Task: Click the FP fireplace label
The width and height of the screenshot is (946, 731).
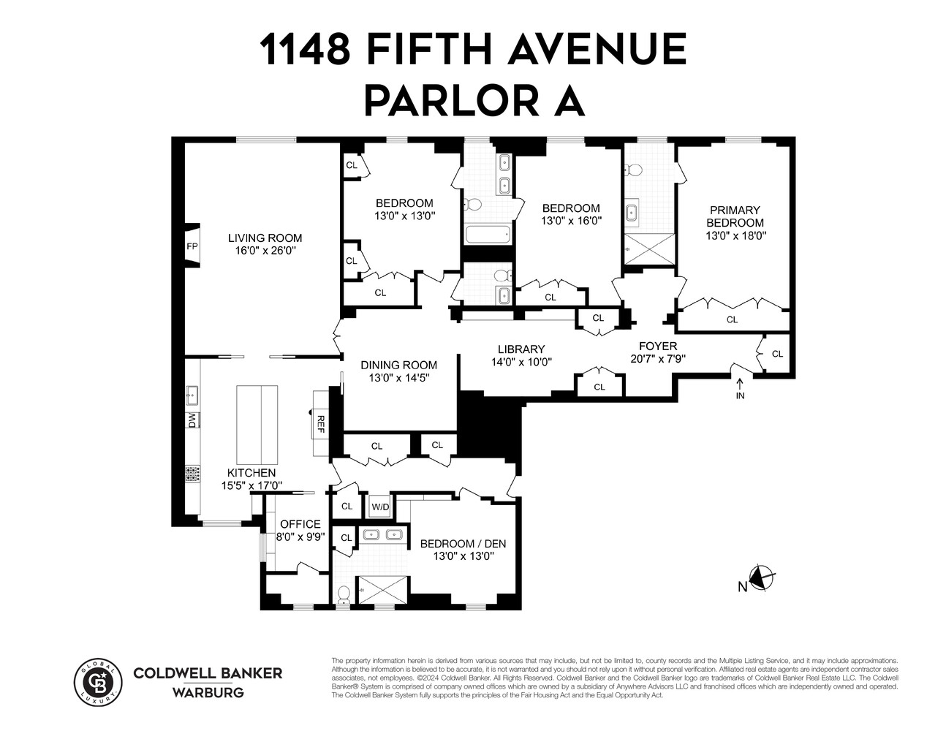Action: pyautogui.click(x=192, y=246)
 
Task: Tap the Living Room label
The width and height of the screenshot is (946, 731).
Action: pyautogui.click(x=265, y=238)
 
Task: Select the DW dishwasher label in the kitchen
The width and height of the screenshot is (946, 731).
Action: pyautogui.click(x=192, y=420)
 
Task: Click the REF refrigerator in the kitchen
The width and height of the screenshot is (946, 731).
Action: pyautogui.click(x=320, y=423)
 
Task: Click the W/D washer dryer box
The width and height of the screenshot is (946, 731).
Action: pyautogui.click(x=380, y=507)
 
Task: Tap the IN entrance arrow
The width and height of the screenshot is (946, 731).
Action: pyautogui.click(x=740, y=388)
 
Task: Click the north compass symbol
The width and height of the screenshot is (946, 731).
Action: pyautogui.click(x=761, y=578)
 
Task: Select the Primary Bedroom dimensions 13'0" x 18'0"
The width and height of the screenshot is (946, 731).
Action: pyautogui.click(x=735, y=236)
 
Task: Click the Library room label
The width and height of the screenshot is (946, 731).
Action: pyautogui.click(x=521, y=349)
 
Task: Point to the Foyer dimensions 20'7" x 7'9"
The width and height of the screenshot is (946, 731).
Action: pyautogui.click(x=658, y=359)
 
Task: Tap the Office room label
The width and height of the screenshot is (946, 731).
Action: pyautogui.click(x=300, y=523)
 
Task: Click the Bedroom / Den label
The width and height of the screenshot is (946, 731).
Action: pyautogui.click(x=463, y=543)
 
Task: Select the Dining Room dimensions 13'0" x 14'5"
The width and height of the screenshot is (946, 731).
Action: pyautogui.click(x=399, y=378)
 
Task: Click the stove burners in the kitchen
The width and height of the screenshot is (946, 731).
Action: pyautogui.click(x=192, y=474)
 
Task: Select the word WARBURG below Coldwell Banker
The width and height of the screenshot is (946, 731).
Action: pyautogui.click(x=208, y=692)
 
